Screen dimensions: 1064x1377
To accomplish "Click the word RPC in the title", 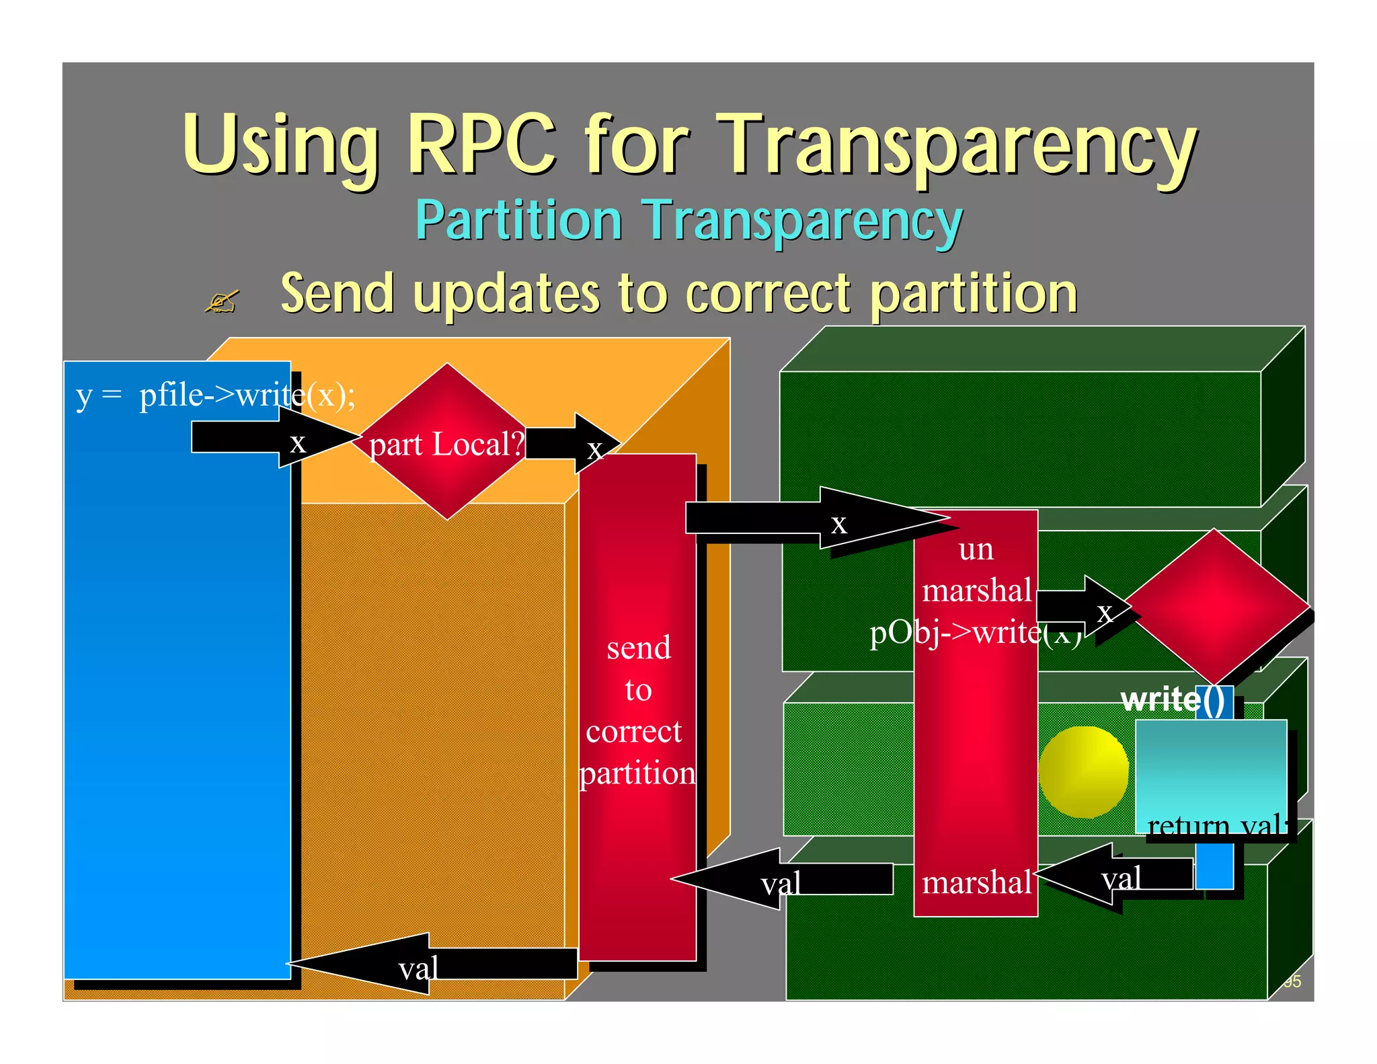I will pyautogui.click(x=481, y=145).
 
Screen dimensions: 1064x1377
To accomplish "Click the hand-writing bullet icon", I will pyautogui.click(x=222, y=301).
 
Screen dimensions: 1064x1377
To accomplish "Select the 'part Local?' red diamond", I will pyautogui.click(x=446, y=443).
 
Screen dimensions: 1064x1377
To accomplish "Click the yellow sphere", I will pyautogui.click(x=1083, y=771).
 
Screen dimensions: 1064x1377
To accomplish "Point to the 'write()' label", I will pyautogui.click(x=1173, y=700).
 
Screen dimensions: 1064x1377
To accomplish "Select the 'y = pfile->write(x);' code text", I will pyautogui.click(x=215, y=395).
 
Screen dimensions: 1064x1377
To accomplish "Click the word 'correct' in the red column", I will pyautogui.click(x=634, y=732).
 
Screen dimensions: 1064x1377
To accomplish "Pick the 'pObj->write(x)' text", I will pyautogui.click(x=975, y=633).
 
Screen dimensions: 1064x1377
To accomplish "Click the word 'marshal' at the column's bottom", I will pyautogui.click(x=976, y=882).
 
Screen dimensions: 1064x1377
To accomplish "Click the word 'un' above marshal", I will pyautogui.click(x=976, y=549).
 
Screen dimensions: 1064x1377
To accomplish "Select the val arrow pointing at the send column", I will pyautogui.click(x=780, y=879).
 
